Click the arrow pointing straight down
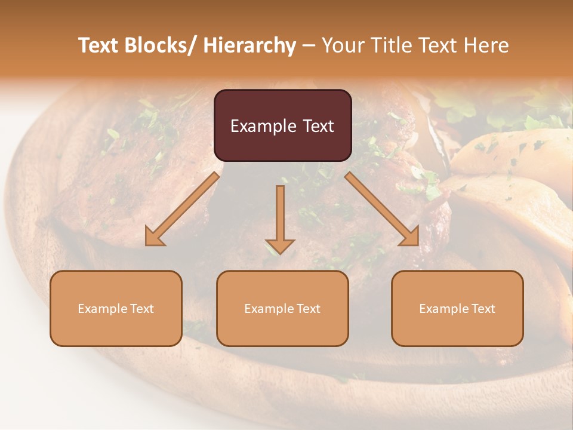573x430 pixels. coord(280,218)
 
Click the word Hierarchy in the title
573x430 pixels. coord(249,45)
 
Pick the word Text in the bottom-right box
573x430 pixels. coord(483,309)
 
